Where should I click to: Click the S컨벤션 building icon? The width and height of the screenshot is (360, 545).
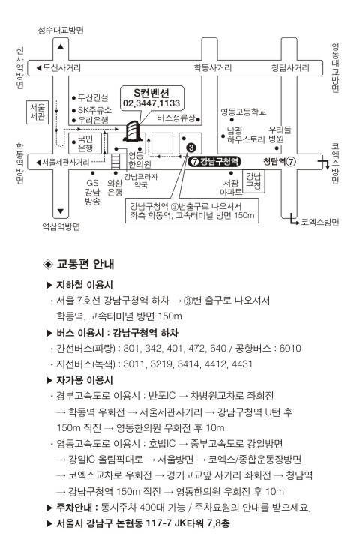(133, 131)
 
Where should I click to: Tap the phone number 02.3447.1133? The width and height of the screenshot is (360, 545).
(151, 103)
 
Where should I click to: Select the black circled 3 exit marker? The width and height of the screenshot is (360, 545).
(191, 148)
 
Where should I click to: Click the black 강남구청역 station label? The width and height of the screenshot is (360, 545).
(214, 162)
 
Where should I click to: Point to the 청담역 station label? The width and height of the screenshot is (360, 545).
(280, 162)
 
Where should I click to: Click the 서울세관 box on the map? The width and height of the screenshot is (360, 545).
(37, 112)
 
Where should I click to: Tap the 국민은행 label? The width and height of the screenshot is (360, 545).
(85, 144)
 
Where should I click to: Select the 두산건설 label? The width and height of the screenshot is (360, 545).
(93, 98)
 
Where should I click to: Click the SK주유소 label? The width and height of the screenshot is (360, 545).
(94, 110)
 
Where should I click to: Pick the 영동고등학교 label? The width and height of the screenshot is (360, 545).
(244, 112)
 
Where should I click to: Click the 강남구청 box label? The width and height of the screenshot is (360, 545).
(253, 181)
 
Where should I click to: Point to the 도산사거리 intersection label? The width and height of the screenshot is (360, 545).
(62, 67)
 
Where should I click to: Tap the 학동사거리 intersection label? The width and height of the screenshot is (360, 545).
(213, 67)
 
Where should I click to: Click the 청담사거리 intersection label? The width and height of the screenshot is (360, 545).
(290, 67)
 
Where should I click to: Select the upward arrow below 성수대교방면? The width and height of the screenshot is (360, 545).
(61, 46)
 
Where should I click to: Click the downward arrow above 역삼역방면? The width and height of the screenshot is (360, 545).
(61, 211)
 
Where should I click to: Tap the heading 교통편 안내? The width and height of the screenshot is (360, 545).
(85, 264)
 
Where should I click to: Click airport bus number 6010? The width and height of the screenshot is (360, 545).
(290, 349)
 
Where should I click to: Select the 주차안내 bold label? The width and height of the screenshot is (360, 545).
(74, 508)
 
